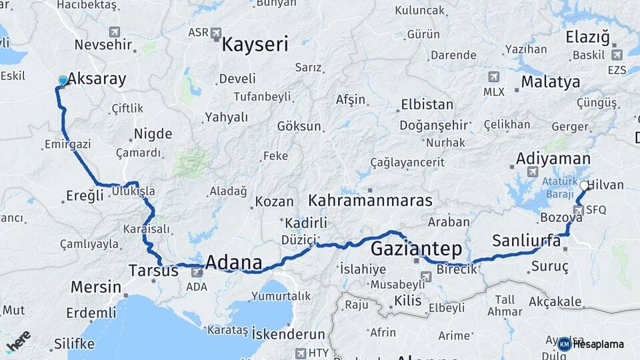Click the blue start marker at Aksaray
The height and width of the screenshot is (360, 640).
(63, 81)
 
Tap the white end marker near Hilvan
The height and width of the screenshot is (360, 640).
(584, 186)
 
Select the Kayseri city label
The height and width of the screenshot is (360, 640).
(255, 45)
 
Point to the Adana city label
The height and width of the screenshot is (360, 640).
(233, 261)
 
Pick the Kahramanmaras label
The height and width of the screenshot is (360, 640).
(370, 200)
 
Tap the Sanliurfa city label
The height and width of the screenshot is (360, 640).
(526, 241)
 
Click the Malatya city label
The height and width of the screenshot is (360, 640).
(550, 82)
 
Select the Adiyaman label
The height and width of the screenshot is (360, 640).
(553, 159)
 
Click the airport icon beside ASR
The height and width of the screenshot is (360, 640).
(216, 33)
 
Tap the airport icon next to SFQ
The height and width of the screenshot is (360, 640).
(578, 210)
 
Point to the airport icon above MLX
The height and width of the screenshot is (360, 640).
(493, 77)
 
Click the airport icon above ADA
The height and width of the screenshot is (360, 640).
(197, 272)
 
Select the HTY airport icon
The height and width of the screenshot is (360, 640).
(301, 353)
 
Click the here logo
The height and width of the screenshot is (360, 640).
(18, 341)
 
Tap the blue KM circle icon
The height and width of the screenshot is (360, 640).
(565, 344)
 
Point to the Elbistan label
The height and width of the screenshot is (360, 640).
(427, 105)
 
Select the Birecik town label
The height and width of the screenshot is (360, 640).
(457, 269)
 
